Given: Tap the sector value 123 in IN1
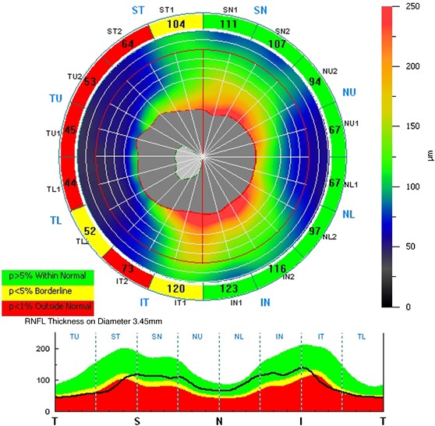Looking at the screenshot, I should click(228, 289).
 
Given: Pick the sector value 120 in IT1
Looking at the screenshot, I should click(175, 288).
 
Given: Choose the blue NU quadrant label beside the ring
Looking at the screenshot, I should click(350, 92).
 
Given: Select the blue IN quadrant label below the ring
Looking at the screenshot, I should click(263, 301).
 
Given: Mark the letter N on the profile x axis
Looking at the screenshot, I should click(220, 421).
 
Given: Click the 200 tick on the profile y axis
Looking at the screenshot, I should click(42, 349).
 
